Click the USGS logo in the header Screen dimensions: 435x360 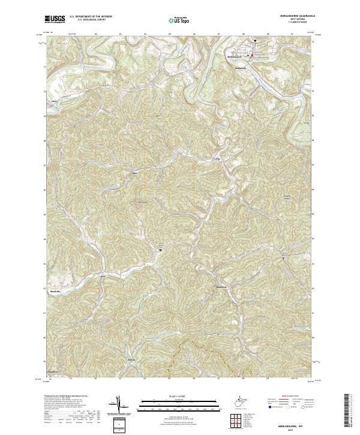click(55, 20)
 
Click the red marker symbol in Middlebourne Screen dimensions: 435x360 click(252, 55)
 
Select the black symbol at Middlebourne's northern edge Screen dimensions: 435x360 click(255, 40)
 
